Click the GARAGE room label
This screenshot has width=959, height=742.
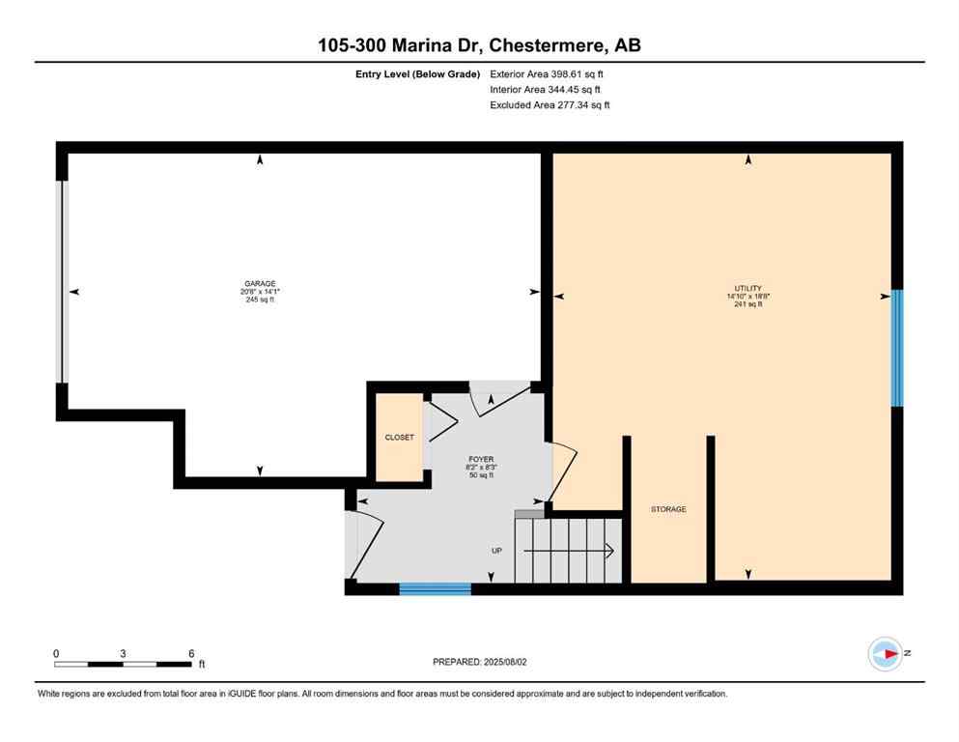[x=259, y=284]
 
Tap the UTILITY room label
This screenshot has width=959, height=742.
[x=747, y=288]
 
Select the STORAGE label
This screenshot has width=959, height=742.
[x=668, y=509]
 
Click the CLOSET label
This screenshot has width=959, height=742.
[x=399, y=438]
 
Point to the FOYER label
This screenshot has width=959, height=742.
[x=481, y=460]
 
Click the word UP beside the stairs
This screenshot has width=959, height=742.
[x=496, y=551]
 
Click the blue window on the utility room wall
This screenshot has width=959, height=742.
[x=896, y=348]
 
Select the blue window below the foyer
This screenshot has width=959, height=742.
[x=435, y=588]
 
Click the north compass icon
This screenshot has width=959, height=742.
[x=885, y=654]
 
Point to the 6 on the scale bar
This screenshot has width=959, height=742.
[x=191, y=653]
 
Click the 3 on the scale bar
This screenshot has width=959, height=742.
[x=123, y=653]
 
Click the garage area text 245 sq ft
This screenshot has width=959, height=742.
[x=259, y=300]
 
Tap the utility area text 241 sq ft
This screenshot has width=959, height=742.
[x=747, y=304]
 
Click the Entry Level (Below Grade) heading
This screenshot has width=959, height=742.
[x=417, y=73]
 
